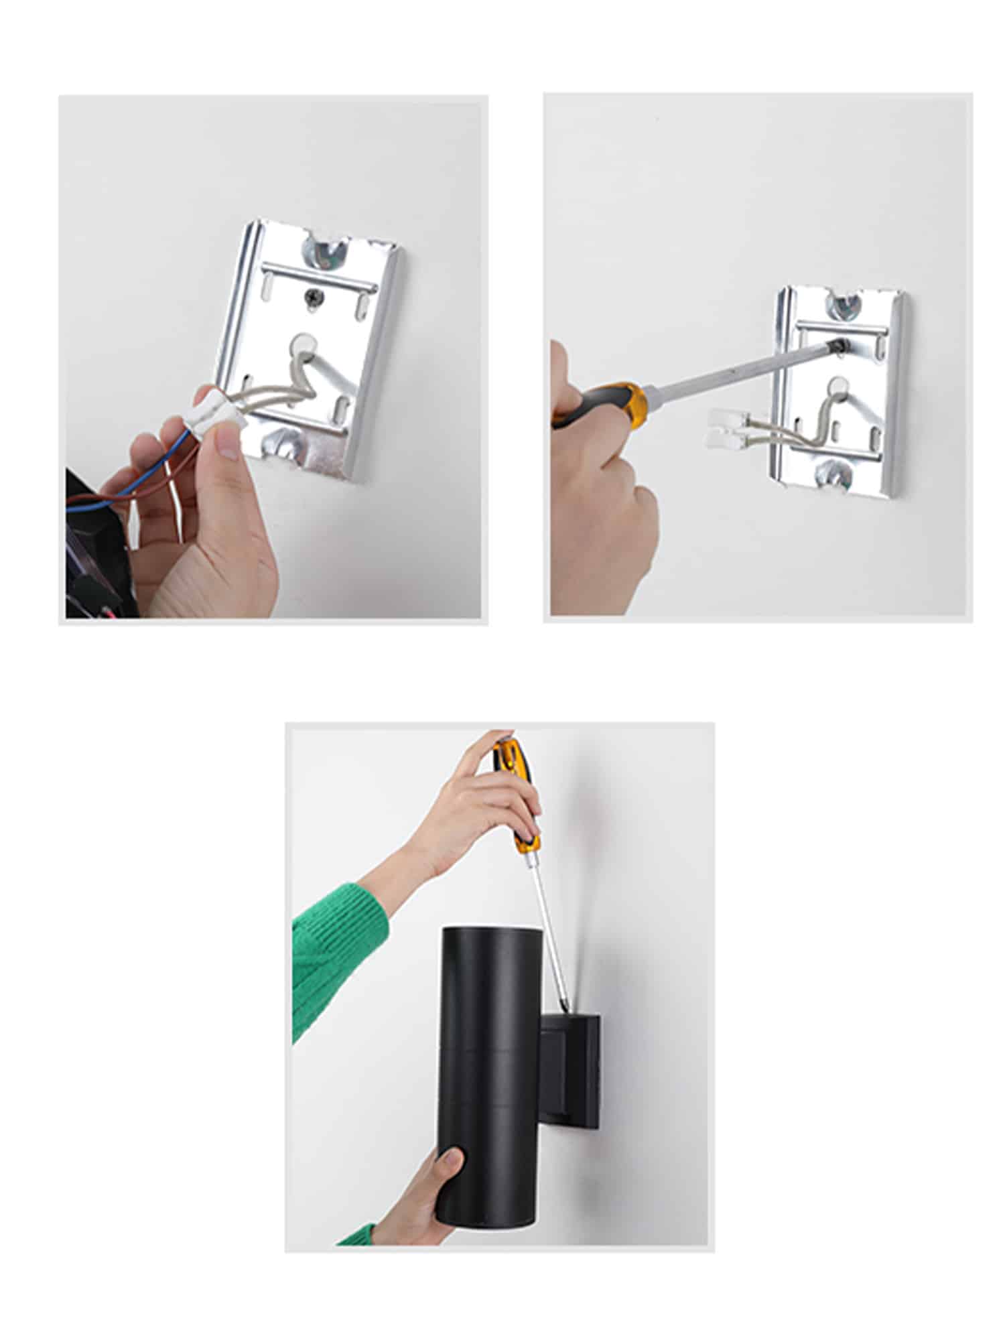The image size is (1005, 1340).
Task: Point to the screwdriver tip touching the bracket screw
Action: pyautogui.click(x=835, y=344)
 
